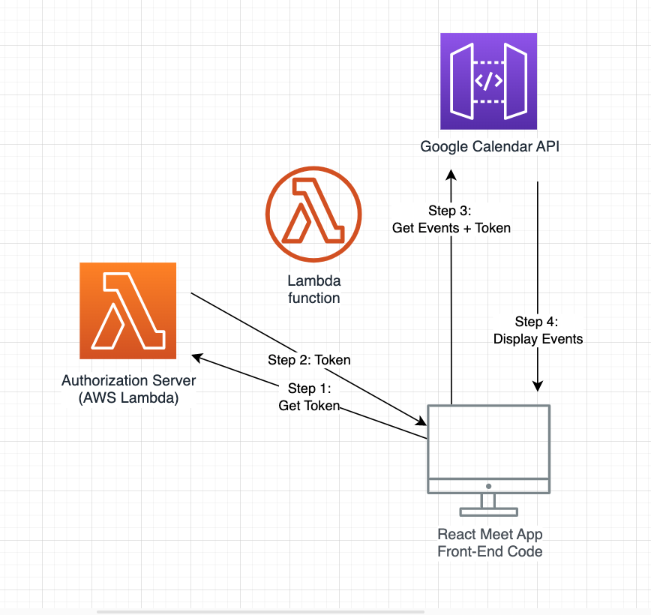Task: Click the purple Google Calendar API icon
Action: click(489, 82)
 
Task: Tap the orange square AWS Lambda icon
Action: click(127, 310)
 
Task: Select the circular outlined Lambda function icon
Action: click(313, 214)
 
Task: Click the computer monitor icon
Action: click(489, 460)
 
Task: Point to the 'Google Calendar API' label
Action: click(490, 146)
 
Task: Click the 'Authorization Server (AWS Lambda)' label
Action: click(129, 389)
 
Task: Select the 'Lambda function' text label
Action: click(314, 289)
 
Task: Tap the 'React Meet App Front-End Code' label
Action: click(490, 543)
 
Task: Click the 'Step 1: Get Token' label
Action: click(309, 397)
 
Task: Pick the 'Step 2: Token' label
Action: click(309, 359)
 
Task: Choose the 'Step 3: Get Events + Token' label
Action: click(451, 219)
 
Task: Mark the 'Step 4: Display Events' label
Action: click(538, 330)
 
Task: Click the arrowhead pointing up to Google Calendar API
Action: click(451, 175)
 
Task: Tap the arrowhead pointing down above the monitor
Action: click(538, 386)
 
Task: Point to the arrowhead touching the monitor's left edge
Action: click(421, 421)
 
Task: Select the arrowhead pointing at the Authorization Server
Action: click(196, 358)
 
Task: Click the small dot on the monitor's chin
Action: click(489, 486)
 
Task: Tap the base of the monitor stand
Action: click(489, 512)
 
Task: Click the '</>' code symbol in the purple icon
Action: click(489, 82)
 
